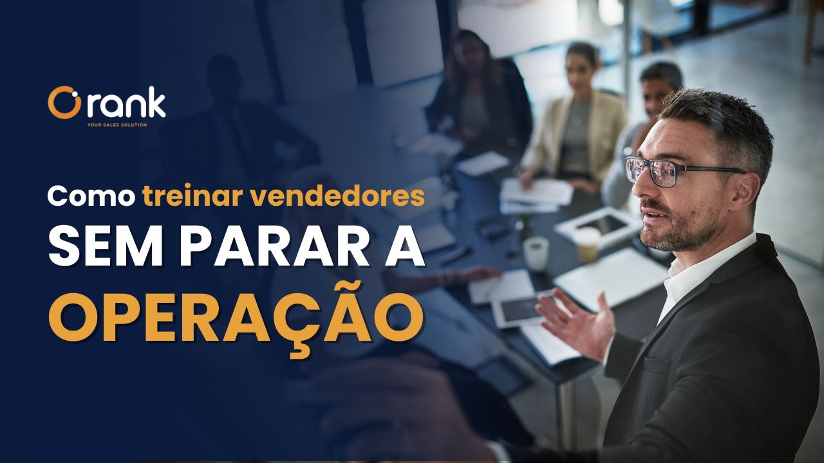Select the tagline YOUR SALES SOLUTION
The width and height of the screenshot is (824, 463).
click(117, 125)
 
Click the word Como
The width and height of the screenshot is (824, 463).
click(91, 196)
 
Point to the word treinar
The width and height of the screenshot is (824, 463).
click(192, 195)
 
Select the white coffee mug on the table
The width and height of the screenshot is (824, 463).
click(536, 253)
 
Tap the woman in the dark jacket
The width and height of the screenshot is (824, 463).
click(478, 92)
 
